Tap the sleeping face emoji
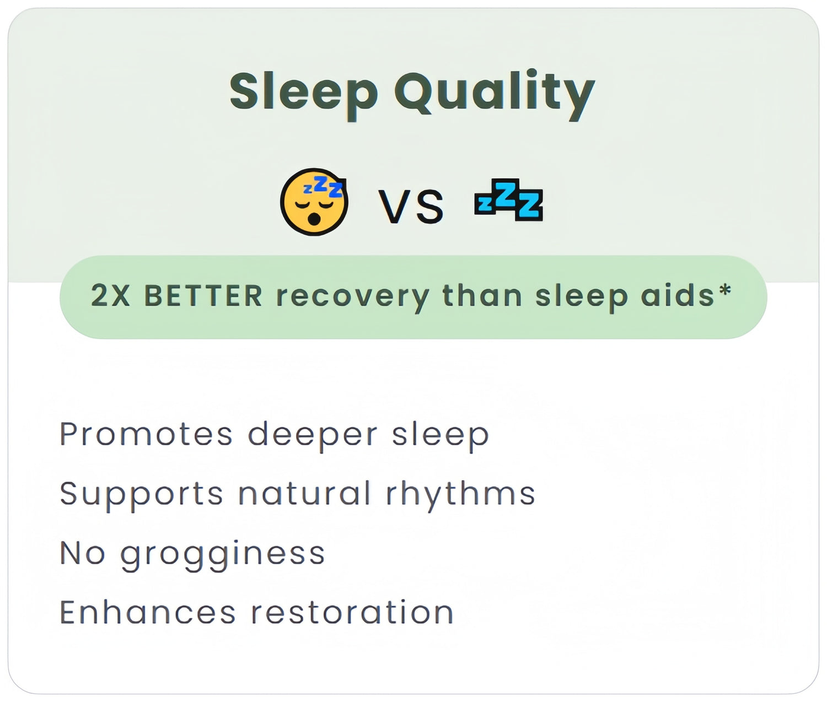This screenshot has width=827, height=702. (314, 202)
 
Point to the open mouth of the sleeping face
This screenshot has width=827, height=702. (314, 219)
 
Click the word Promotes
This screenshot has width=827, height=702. (146, 434)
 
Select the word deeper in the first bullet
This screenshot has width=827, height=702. (313, 436)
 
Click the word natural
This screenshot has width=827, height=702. (304, 493)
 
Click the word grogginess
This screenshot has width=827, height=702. (222, 555)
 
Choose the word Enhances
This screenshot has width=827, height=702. (148, 612)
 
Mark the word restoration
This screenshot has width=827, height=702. (352, 612)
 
